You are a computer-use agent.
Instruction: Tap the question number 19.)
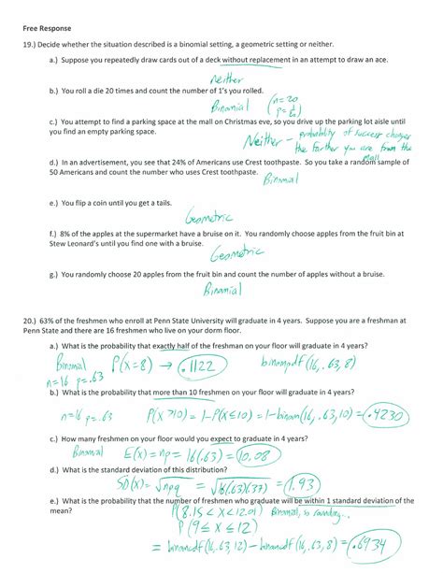click(x=31, y=45)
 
